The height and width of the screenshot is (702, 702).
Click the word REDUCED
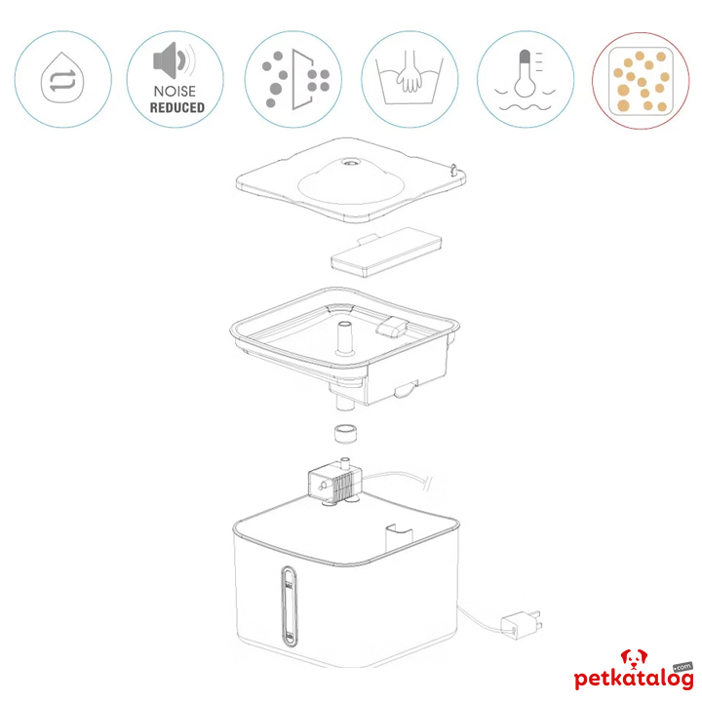coord(176,107)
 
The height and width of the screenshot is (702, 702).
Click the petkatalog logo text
coord(633,679)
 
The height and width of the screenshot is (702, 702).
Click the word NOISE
coord(176,91)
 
